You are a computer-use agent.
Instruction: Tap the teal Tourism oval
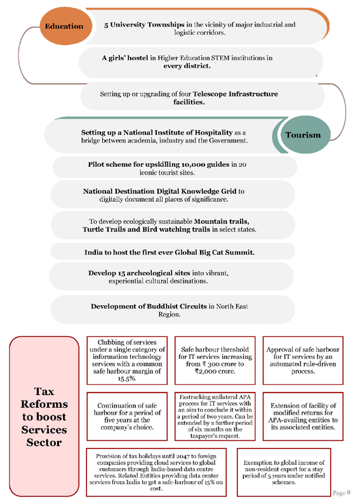302,134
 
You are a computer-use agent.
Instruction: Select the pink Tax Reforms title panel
44,416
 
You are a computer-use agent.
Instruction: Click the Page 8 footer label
342,492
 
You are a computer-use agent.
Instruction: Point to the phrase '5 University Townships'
144,25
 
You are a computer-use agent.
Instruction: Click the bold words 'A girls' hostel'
125,58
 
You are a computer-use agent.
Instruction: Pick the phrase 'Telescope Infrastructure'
235,94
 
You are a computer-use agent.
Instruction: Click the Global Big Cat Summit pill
173,252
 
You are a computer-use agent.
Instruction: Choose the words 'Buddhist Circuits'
177,306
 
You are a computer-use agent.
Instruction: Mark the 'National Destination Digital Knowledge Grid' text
159,192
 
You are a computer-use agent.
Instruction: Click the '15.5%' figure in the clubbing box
127,379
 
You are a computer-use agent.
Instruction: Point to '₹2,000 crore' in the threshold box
215,371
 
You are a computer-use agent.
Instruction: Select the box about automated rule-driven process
303,360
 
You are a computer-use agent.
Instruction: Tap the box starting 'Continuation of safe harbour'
127,416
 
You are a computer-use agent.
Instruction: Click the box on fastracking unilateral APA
215,416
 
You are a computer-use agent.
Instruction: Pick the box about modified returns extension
303,416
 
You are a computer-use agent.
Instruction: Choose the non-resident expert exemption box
284,472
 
